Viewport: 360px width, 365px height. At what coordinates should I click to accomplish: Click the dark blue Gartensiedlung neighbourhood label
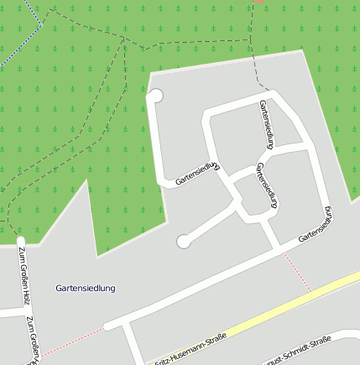point(86,288)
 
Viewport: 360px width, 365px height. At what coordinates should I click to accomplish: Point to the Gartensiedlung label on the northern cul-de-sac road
point(198,173)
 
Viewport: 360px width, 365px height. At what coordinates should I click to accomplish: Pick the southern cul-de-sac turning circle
point(184,242)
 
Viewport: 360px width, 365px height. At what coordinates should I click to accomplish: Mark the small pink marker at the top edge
point(259,2)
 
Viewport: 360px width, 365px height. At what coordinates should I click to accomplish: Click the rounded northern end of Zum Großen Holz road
point(21,242)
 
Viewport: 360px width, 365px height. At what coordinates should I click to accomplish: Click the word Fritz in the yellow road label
point(164,360)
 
